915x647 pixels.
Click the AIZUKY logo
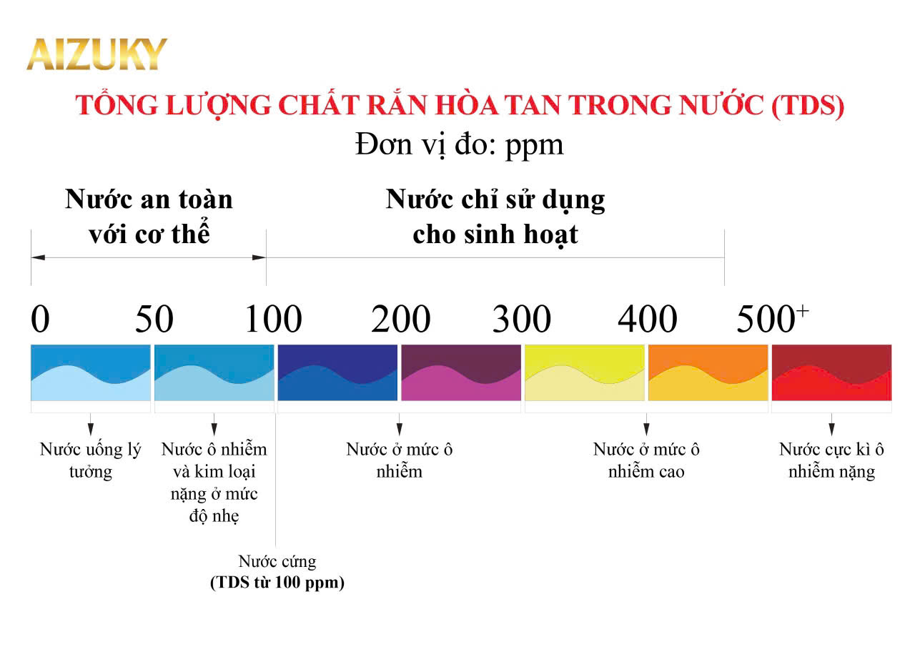[x=97, y=54]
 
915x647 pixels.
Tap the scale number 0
[x=40, y=320]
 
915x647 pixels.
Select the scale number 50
[x=154, y=320]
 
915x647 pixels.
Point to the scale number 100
[x=274, y=320]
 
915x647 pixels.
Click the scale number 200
[x=400, y=320]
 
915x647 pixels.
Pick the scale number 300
[x=521, y=320]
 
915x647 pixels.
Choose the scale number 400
[x=647, y=320]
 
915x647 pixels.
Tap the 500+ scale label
[x=773, y=319]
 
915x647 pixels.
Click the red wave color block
[x=831, y=372]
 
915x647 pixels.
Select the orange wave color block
[x=708, y=372]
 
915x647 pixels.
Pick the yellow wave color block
[x=585, y=372]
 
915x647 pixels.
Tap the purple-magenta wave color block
[x=461, y=372]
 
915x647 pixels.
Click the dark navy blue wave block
[x=337, y=372]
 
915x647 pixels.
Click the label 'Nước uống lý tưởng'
[x=90, y=460]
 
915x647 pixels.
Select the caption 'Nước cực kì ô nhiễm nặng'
[x=831, y=460]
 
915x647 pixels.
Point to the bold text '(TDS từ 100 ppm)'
[x=277, y=583]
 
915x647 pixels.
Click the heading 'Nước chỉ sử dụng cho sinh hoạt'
[x=495, y=217]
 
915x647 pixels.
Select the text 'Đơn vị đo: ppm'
[x=459, y=144]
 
